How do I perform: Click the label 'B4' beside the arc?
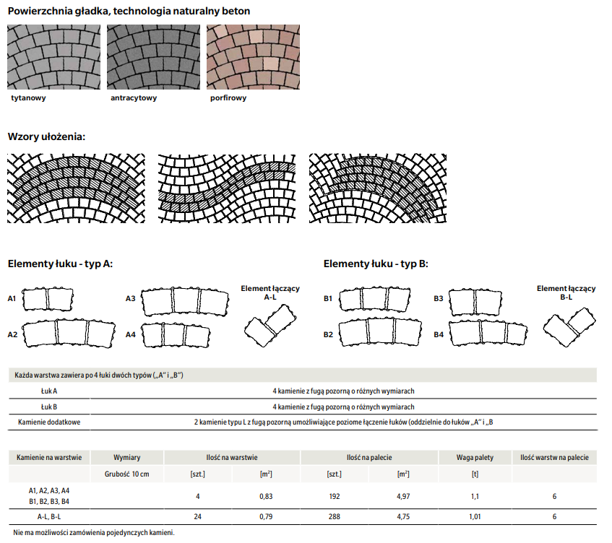click(x=438, y=335)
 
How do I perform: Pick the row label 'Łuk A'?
click(x=49, y=391)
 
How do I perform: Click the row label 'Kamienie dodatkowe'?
click(x=49, y=421)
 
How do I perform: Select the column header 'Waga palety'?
click(x=475, y=457)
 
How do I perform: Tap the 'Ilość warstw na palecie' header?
click(x=554, y=457)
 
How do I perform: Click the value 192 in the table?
click(x=334, y=496)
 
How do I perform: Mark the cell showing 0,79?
click(x=266, y=517)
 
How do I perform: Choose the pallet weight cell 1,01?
click(x=475, y=517)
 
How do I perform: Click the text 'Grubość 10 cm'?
click(x=127, y=474)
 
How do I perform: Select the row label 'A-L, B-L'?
click(x=49, y=517)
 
